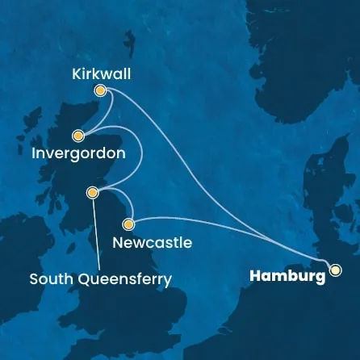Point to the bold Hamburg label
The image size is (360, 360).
(x=287, y=277)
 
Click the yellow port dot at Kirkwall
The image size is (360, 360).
(x=101, y=91)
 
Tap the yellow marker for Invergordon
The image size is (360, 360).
(x=78, y=136)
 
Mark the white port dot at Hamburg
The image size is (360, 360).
(x=334, y=270)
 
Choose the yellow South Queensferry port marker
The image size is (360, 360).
(x=93, y=192)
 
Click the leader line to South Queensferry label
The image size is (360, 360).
(x=95, y=234)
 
